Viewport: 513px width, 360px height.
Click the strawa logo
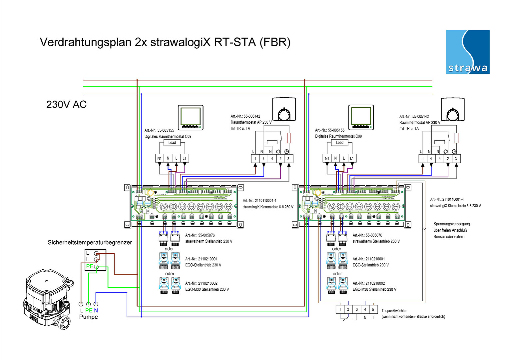pos(467,52)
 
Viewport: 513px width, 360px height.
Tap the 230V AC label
pos(66,105)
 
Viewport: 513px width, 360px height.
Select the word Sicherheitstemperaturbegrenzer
pos(90,243)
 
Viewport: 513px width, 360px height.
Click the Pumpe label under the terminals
pos(89,317)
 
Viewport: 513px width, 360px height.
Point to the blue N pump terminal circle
pos(96,304)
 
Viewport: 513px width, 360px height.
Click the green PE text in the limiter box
pos(90,266)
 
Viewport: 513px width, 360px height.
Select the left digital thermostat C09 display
pos(191,117)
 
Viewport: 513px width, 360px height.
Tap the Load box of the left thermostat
pos(172,143)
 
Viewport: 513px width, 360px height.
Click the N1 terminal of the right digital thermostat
pos(327,159)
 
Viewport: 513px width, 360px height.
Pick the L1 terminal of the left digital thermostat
pos(184,159)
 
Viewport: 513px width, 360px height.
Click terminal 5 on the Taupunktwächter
pos(373,310)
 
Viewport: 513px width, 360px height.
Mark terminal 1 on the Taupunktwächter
pos(340,310)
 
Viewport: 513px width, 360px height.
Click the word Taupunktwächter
pos(394,311)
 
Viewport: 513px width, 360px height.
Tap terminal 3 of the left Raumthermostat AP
pos(288,159)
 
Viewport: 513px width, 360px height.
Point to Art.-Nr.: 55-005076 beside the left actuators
pos(200,235)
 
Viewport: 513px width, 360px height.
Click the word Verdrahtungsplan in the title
pos(86,42)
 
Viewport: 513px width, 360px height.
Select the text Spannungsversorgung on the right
pos(451,224)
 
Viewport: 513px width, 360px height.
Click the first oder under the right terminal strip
pos(336,249)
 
